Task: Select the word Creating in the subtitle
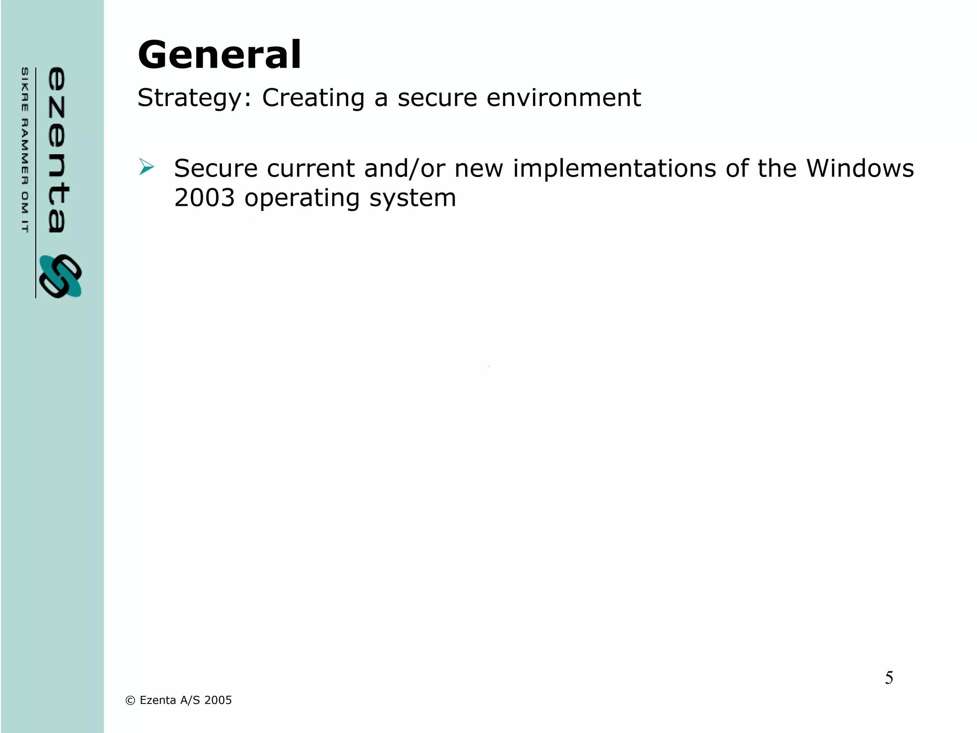(313, 98)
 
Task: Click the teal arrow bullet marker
(146, 167)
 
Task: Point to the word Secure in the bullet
(216, 168)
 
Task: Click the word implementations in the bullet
(614, 169)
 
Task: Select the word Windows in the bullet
(860, 168)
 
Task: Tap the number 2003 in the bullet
(205, 198)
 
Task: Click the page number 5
(889, 678)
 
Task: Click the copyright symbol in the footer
(130, 701)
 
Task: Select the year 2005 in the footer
(218, 700)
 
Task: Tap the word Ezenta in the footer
(158, 700)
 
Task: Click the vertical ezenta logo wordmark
(57, 150)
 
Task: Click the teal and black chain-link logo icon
(61, 276)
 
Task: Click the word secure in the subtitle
(437, 98)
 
